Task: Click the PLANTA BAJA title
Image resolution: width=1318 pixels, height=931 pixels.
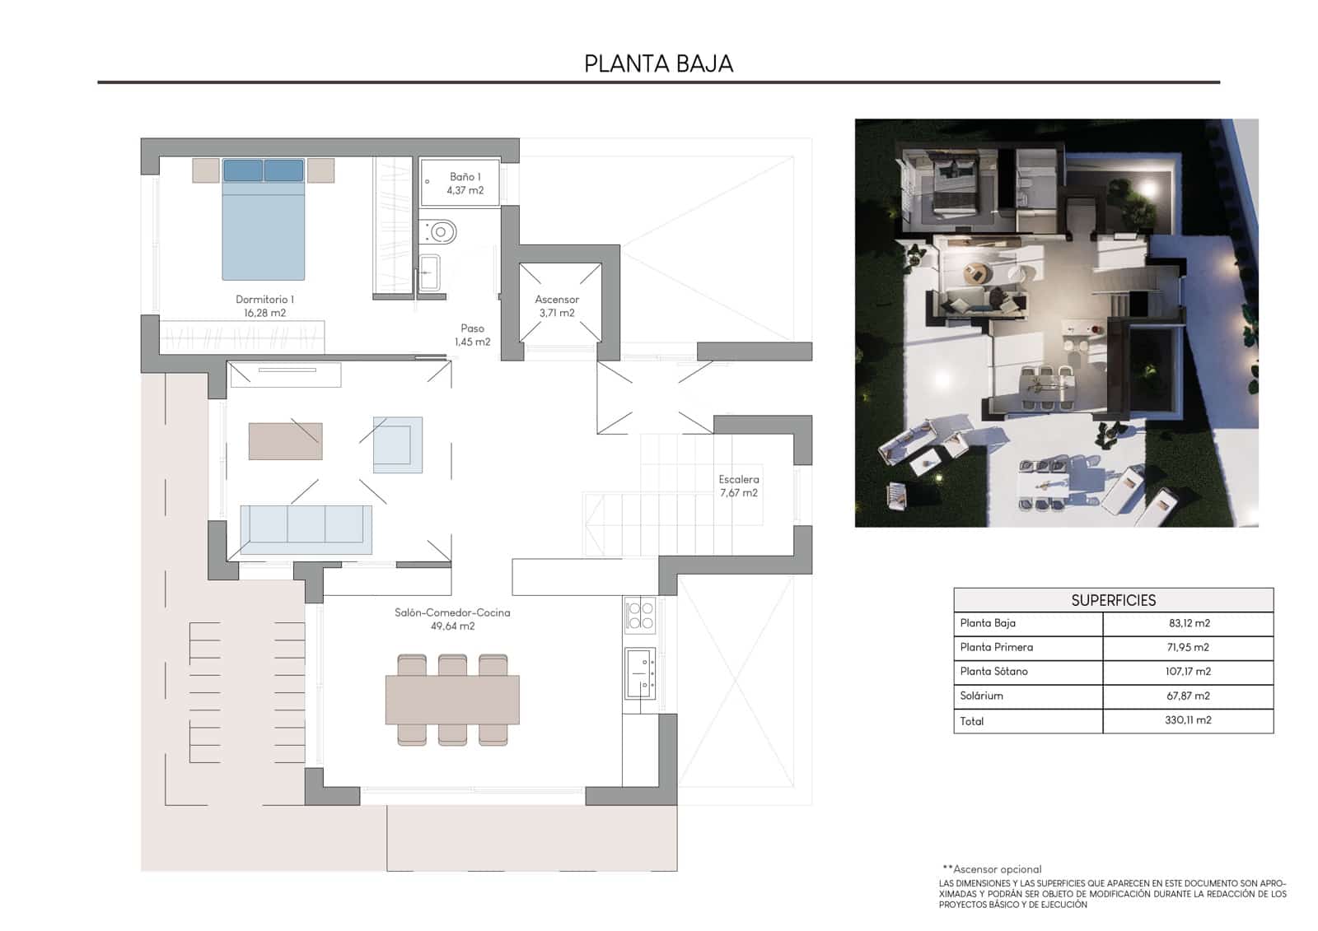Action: [658, 63]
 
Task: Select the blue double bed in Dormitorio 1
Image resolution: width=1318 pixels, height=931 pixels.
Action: [264, 222]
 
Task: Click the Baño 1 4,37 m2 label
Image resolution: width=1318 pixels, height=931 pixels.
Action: [465, 183]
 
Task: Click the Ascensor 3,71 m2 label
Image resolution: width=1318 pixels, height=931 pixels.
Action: [557, 305]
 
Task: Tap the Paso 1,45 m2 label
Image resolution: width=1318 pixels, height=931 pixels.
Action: [472, 334]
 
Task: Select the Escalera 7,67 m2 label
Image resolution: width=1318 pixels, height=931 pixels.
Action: [738, 486]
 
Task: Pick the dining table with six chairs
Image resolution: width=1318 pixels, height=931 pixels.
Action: [452, 699]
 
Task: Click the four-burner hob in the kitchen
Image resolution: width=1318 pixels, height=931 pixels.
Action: [640, 616]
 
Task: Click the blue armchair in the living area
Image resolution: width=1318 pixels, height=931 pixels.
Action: [398, 445]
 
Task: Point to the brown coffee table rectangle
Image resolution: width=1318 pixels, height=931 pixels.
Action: [285, 441]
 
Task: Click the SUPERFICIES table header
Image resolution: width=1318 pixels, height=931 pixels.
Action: [1113, 600]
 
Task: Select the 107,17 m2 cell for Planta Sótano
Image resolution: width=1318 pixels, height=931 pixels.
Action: [1188, 672]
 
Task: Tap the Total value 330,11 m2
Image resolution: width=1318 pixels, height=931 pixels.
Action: [1188, 720]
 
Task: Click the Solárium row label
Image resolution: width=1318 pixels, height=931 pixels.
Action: [981, 696]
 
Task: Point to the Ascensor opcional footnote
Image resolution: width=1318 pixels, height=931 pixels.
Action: [992, 869]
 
